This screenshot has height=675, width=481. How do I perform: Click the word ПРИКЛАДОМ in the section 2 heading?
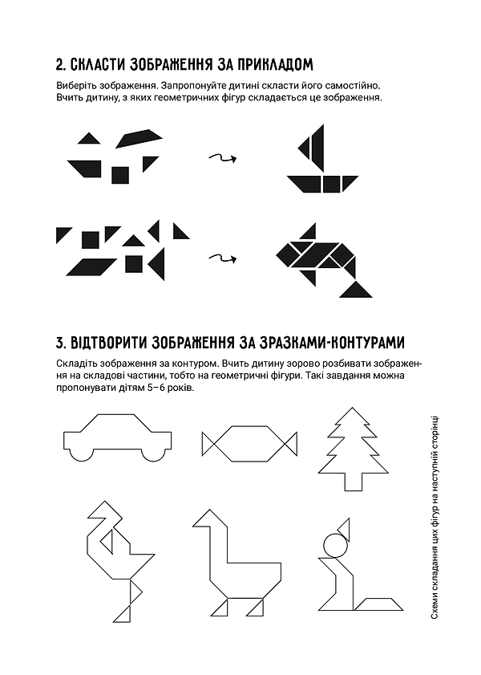pos(270,64)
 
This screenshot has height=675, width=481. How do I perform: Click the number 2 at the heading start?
pos(60,64)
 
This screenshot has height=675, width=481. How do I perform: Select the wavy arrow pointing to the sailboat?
pos(222,158)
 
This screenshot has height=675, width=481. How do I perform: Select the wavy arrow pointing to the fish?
pos(222,258)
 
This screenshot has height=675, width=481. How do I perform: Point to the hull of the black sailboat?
pos(320,185)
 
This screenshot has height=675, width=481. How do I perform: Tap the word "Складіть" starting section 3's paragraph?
pos(78,364)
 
